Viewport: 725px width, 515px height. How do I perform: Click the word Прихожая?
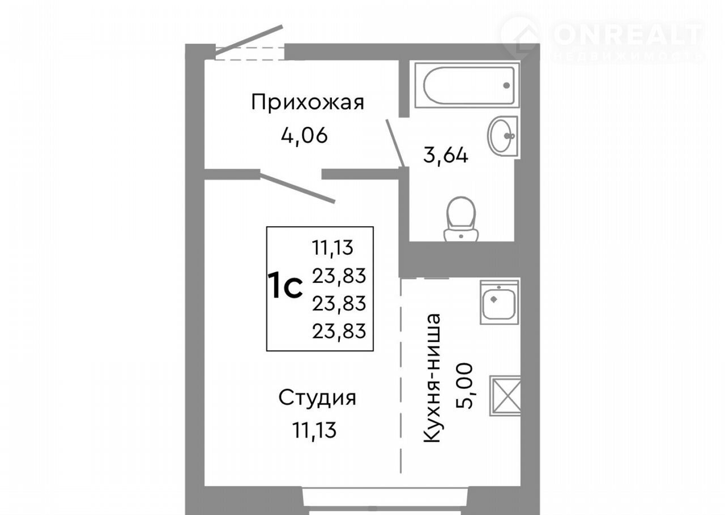pyautogui.click(x=308, y=102)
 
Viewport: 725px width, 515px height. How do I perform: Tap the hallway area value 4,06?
pyautogui.click(x=304, y=135)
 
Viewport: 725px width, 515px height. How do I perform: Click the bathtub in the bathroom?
pyautogui.click(x=467, y=85)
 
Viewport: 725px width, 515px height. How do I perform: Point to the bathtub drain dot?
pyautogui.click(x=506, y=85)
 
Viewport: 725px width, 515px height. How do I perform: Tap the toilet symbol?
pyautogui.click(x=461, y=220)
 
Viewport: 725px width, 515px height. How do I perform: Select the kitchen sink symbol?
pyautogui.click(x=500, y=302)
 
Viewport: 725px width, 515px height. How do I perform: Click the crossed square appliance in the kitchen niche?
pyautogui.click(x=505, y=396)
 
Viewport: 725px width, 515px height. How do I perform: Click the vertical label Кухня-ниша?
pyautogui.click(x=432, y=378)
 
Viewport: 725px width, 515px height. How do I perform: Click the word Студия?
pyautogui.click(x=317, y=398)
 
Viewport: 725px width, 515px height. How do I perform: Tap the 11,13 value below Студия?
pyautogui.click(x=314, y=430)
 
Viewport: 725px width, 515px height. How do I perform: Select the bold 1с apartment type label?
pyautogui.click(x=285, y=285)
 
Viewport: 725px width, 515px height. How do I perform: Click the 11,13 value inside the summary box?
pyautogui.click(x=332, y=248)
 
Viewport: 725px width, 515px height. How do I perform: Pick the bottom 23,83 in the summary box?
pyautogui.click(x=339, y=331)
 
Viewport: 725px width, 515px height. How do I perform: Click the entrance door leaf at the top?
pyautogui.click(x=249, y=40)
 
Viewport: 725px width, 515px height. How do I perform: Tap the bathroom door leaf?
pyautogui.click(x=395, y=143)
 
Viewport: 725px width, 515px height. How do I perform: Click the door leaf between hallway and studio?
pyautogui.click(x=297, y=188)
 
